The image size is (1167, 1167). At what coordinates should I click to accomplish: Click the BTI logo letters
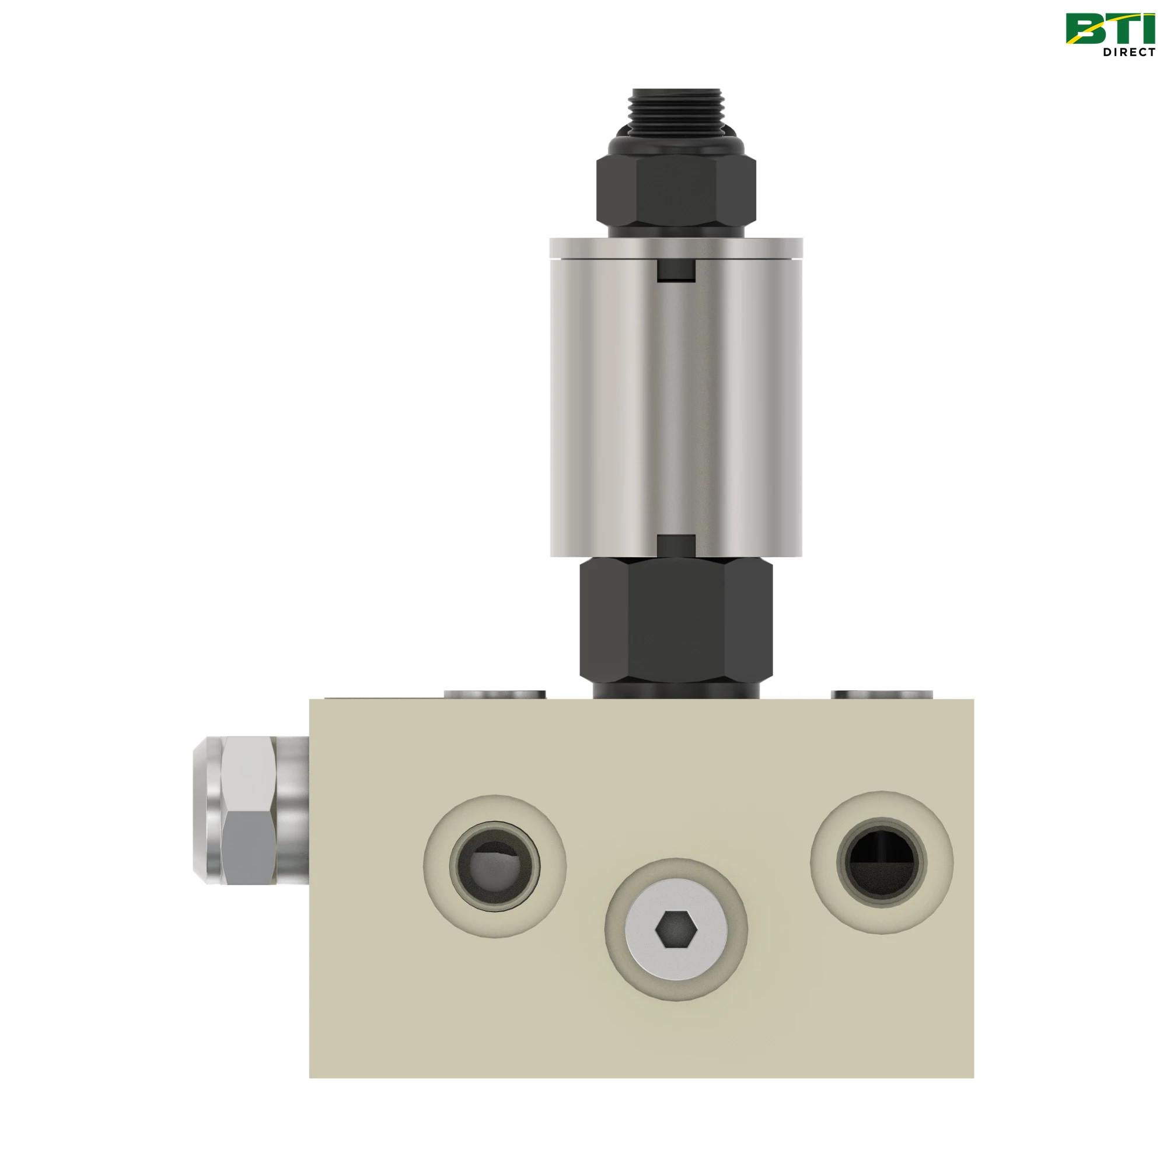pos(1117,29)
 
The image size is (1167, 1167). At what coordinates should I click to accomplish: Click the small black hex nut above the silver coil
pos(675,193)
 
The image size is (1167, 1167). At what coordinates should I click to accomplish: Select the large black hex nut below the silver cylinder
pos(675,619)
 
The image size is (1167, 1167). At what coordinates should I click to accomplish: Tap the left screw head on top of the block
pos(494,694)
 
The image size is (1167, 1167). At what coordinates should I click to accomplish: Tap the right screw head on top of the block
pos(881,694)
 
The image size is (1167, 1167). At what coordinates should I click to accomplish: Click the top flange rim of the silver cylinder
pos(675,246)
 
